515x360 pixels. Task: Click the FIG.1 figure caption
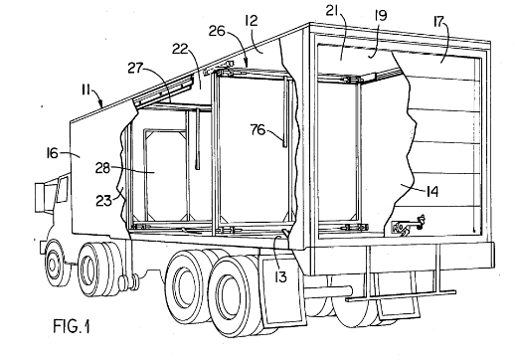[x=72, y=325]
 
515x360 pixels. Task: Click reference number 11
[x=86, y=90]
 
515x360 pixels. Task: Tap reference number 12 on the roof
[x=252, y=21]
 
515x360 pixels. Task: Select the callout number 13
[x=280, y=277]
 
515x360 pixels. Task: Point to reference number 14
[x=432, y=191]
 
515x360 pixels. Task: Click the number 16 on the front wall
[x=52, y=153]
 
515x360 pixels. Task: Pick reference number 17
[x=439, y=22]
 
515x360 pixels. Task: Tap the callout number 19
[x=381, y=15]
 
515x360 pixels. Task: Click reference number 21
[x=333, y=12]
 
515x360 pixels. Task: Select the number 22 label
[x=180, y=49]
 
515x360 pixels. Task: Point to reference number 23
[x=103, y=201]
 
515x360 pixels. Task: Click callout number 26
[x=217, y=31]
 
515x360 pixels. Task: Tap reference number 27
[x=135, y=69]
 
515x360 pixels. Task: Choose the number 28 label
[x=102, y=168]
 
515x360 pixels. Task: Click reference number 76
[x=257, y=129]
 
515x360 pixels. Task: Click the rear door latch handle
[x=409, y=225]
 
